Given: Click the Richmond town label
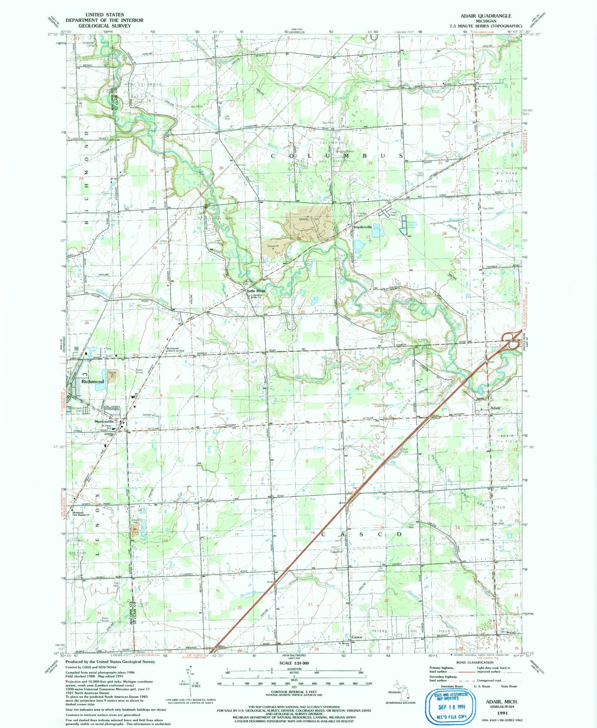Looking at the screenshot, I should pyautogui.click(x=92, y=381).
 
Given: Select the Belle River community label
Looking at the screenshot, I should pyautogui.click(x=256, y=291).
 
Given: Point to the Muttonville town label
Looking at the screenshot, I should pyautogui.click(x=104, y=422).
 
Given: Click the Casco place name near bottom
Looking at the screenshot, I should pyautogui.click(x=357, y=637).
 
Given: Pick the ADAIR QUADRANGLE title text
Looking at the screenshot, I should pyautogui.click(x=486, y=16).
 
